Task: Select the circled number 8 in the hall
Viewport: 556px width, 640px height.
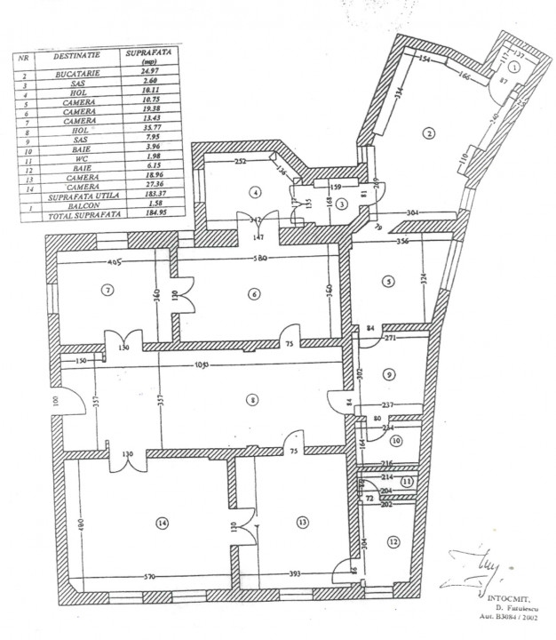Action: click(x=253, y=401)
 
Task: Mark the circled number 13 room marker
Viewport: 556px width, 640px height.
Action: click(x=303, y=522)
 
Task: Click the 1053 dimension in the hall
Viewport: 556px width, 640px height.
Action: click(x=198, y=368)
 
